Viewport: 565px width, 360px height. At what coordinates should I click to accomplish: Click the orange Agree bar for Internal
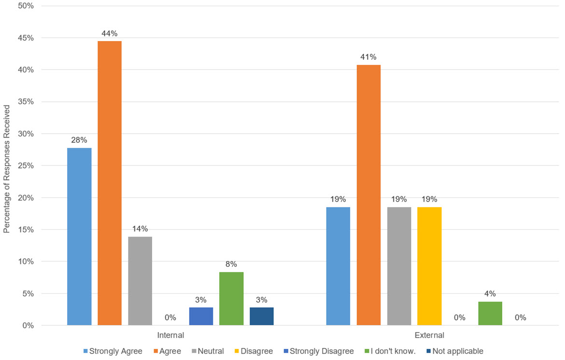tap(110, 183)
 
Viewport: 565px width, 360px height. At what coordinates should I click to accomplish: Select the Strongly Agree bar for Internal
tap(79, 236)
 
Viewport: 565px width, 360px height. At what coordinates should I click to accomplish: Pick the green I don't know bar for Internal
tap(231, 299)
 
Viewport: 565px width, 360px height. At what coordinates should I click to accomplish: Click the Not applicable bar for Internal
tap(262, 316)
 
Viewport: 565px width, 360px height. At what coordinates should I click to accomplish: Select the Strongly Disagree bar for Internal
tap(201, 316)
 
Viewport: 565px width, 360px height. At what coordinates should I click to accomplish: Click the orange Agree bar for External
tap(368, 195)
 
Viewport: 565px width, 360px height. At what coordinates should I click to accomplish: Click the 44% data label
tap(110, 33)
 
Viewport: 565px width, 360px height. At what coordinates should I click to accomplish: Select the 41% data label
tap(368, 57)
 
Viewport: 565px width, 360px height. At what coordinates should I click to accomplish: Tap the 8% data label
tap(231, 264)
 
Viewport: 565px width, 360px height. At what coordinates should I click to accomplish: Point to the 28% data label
tap(79, 140)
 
